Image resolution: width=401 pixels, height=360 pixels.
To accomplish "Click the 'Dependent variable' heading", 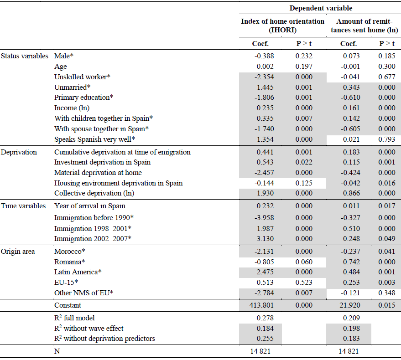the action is [321, 8].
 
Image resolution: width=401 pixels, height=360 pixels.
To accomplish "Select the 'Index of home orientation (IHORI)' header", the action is [282, 26].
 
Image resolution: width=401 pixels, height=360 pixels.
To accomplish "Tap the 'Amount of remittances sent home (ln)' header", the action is [365, 26].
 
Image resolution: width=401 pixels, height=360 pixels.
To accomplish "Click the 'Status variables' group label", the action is [25, 56].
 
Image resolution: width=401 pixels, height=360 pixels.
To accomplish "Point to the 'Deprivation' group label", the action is [19, 152].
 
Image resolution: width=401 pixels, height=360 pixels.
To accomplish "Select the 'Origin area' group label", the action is [18, 252].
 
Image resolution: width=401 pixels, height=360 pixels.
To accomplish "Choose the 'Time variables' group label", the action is [23, 206].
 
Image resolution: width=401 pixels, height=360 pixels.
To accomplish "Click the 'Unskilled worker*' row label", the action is [83, 77].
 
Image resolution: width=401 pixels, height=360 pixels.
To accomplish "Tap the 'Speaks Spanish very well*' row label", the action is [94, 139].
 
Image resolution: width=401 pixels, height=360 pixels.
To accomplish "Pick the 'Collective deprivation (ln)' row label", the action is [94, 193].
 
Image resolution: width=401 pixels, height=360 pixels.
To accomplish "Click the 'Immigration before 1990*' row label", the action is [94, 218].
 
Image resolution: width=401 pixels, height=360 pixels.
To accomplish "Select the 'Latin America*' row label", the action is [78, 272].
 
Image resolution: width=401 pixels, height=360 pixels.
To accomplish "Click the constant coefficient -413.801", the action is [260, 305].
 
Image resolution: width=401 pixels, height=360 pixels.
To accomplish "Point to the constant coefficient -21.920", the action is [349, 305].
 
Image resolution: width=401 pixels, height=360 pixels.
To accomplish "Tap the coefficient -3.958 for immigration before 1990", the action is [264, 218].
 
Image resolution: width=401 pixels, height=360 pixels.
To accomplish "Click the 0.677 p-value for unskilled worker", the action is [387, 77].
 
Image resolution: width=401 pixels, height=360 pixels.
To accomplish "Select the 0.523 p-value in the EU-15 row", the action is [304, 283].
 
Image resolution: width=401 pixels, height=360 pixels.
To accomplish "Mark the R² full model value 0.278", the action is [265, 318].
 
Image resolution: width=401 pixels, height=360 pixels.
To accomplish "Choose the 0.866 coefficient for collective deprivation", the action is [351, 193].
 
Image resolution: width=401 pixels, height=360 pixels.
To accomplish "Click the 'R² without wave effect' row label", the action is [89, 328].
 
